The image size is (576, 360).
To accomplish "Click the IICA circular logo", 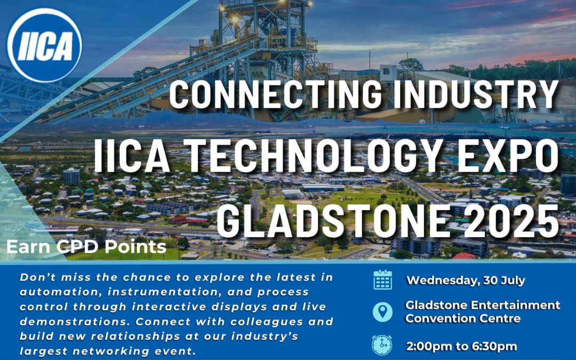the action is tap(44, 45).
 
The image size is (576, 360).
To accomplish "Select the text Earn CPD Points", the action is tap(86, 247).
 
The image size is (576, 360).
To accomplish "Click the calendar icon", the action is tap(383, 280).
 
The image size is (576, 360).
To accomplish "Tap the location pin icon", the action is tap(383, 312).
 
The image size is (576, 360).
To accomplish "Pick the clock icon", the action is tap(382, 345).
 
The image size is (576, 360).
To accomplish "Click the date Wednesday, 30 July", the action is tap(466, 281).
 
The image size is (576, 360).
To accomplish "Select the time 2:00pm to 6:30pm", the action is tap(461, 347).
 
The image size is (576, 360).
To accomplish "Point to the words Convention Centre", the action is tap(463, 318).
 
